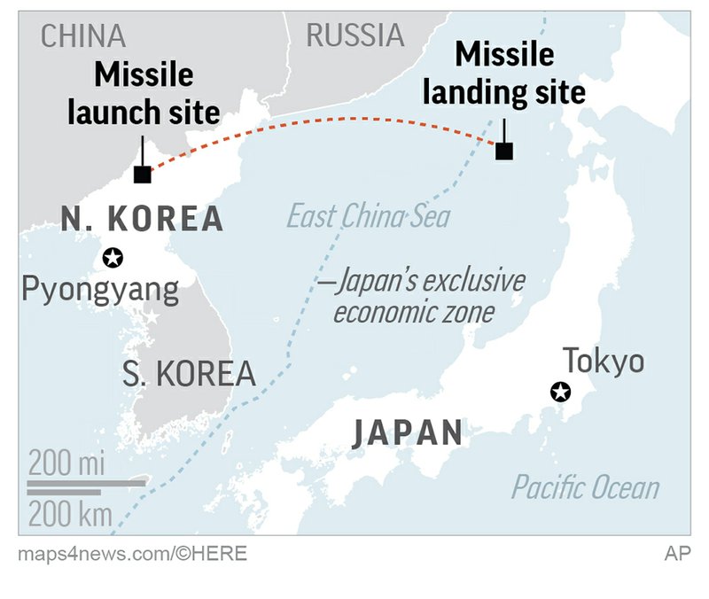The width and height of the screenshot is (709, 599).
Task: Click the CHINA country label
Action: (83, 37)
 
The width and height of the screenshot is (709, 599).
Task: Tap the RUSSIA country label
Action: (354, 35)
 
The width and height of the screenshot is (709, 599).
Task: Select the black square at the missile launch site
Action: (142, 175)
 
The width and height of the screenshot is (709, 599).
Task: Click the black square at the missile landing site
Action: (504, 152)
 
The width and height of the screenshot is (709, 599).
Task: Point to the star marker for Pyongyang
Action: (113, 258)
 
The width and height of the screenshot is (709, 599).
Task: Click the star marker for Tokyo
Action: (560, 392)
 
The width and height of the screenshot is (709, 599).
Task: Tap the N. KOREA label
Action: (142, 219)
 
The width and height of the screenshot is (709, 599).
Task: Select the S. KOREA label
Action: (189, 373)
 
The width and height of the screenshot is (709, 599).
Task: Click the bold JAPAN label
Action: (408, 433)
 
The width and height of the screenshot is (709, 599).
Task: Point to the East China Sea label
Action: (369, 216)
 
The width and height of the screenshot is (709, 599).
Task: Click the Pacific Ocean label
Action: (585, 487)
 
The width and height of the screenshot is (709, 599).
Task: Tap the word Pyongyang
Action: (99, 291)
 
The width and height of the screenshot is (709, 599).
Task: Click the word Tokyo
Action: (604, 361)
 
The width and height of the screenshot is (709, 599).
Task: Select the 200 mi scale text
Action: (66, 462)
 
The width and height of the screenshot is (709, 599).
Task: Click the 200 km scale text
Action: (70, 514)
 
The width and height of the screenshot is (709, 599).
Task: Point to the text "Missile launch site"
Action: (156, 94)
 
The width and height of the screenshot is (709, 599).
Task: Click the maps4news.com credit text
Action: (132, 554)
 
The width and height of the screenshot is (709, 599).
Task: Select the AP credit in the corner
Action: (677, 554)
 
